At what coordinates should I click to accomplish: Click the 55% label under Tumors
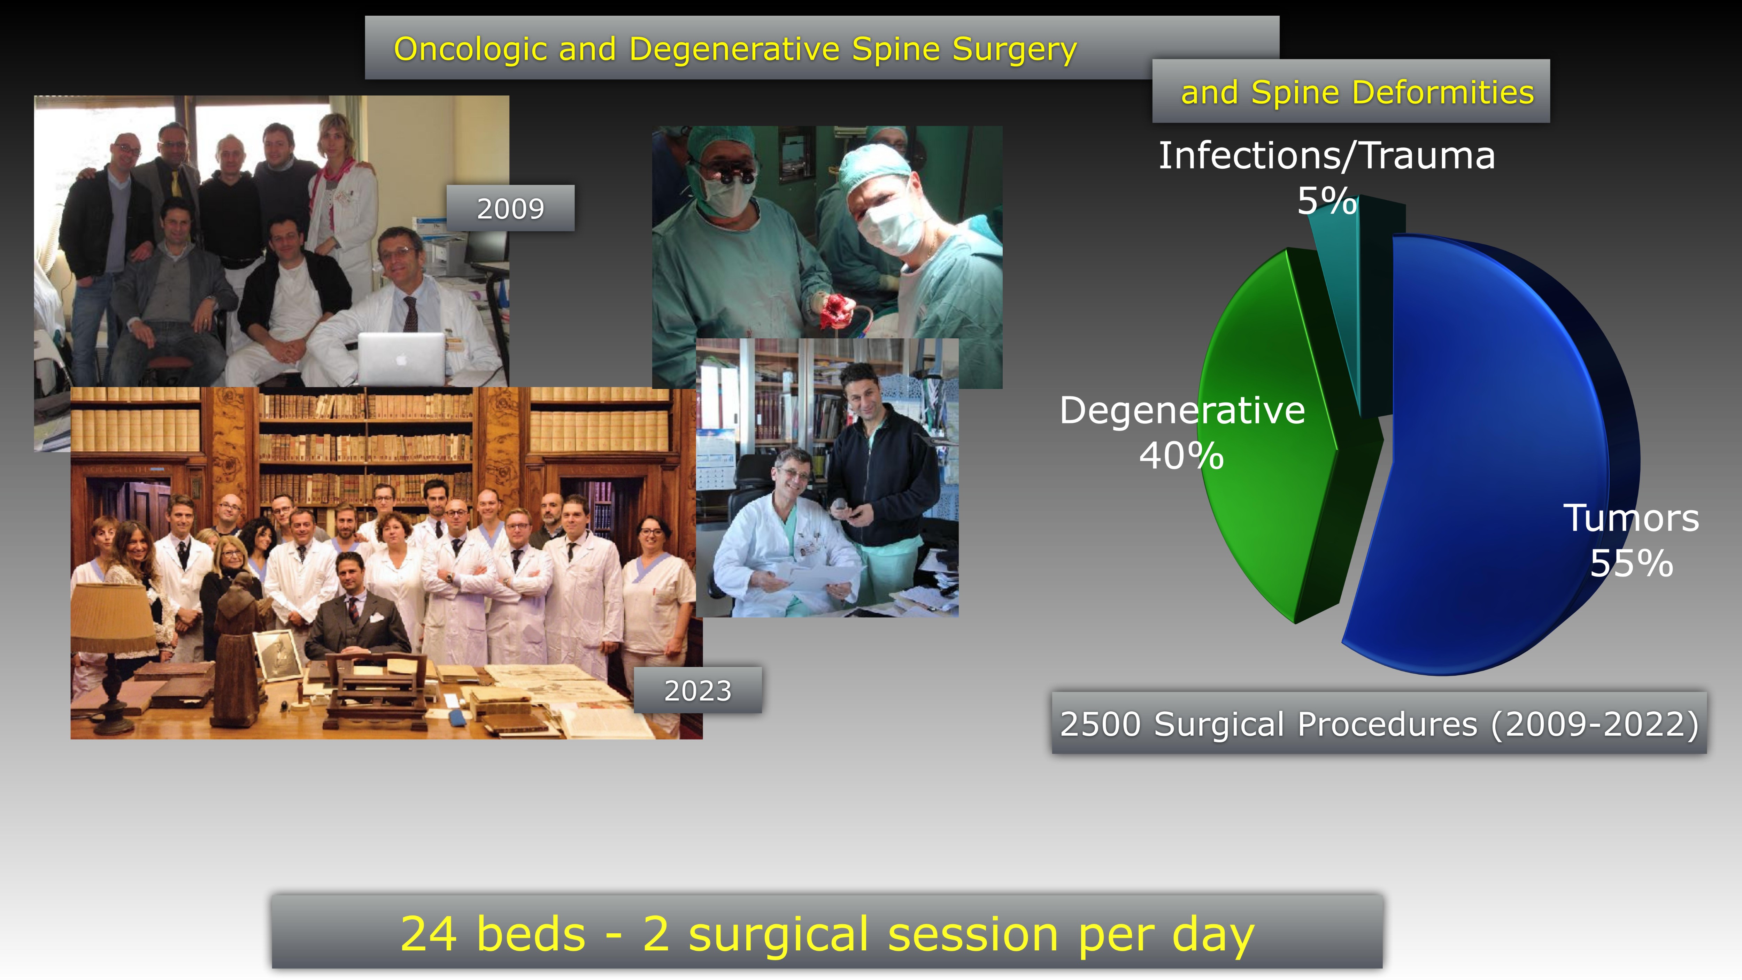click(1631, 563)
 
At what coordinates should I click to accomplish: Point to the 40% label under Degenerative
click(1181, 455)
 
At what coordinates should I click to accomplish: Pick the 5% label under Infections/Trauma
click(1327, 201)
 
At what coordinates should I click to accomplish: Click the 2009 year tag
click(510, 208)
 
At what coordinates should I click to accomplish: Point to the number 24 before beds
click(428, 934)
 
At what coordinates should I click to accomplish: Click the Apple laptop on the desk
click(402, 359)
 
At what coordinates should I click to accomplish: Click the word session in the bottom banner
click(974, 934)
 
